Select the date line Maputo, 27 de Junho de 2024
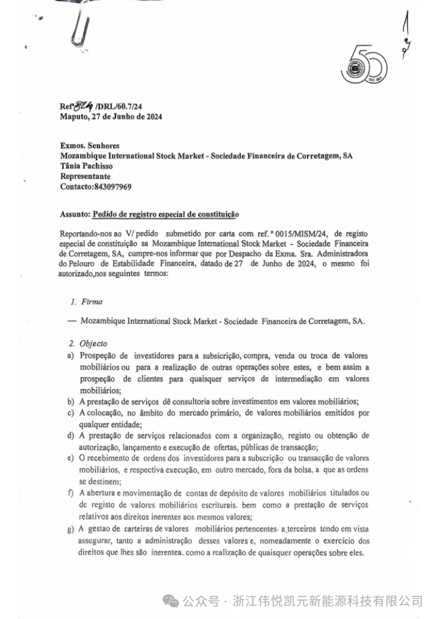coord(110,117)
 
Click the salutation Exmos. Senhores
coord(89,146)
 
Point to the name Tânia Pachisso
coord(87,166)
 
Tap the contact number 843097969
coord(112,187)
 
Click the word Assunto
coord(74,214)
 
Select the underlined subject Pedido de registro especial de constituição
coord(165,214)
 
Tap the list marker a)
coord(71,355)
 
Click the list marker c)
coord(71,413)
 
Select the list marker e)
coord(71,458)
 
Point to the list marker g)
coord(71,530)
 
